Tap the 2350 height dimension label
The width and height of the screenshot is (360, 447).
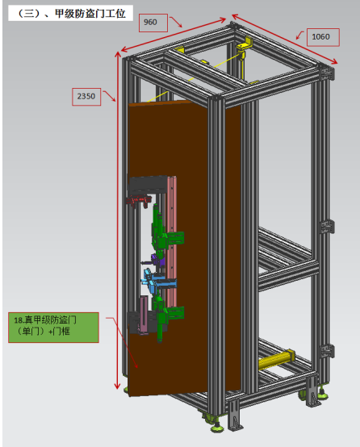point(86,97)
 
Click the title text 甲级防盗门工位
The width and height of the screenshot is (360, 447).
point(90,14)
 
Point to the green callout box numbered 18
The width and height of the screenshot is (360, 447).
point(53,328)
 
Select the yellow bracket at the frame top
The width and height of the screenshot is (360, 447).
point(244,46)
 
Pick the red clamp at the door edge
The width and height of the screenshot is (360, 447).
point(139,200)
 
